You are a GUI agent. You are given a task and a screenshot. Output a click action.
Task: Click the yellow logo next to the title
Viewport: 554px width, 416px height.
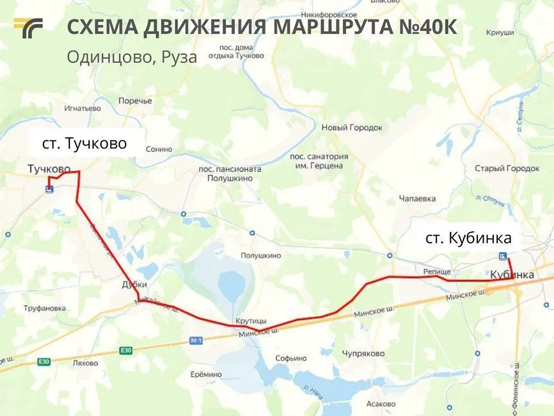click(28, 28)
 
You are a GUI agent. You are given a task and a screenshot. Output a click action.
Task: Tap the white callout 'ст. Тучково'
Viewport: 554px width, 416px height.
click(84, 143)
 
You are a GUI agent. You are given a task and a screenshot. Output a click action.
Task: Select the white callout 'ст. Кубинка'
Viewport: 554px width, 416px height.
click(468, 238)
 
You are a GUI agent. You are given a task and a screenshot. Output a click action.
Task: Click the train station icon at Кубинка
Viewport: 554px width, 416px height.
click(503, 257)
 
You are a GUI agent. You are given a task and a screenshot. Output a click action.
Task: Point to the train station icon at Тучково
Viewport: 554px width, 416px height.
click(50, 189)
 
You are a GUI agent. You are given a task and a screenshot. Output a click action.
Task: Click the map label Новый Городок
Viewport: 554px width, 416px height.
click(352, 127)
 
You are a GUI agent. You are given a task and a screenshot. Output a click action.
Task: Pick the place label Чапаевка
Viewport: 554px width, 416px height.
click(417, 199)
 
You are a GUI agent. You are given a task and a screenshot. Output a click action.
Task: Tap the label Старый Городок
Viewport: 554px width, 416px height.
click(507, 168)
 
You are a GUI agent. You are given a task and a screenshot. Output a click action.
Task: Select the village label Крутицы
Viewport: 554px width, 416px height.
click(250, 321)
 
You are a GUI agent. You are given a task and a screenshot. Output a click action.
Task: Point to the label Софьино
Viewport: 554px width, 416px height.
click(291, 358)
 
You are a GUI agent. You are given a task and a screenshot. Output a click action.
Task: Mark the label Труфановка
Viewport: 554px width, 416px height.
click(44, 308)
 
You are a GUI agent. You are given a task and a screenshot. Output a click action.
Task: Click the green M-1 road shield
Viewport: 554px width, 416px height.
click(196, 341)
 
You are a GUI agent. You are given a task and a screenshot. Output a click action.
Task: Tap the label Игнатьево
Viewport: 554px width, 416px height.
click(83, 108)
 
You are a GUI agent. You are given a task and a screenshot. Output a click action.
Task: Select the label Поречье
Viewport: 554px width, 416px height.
click(135, 101)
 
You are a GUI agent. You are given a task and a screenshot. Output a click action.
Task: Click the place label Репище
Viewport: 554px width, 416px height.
click(432, 270)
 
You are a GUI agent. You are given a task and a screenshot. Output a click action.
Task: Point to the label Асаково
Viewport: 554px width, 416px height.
click(381, 404)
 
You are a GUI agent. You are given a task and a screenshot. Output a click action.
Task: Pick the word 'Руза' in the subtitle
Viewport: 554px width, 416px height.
click(179, 57)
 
